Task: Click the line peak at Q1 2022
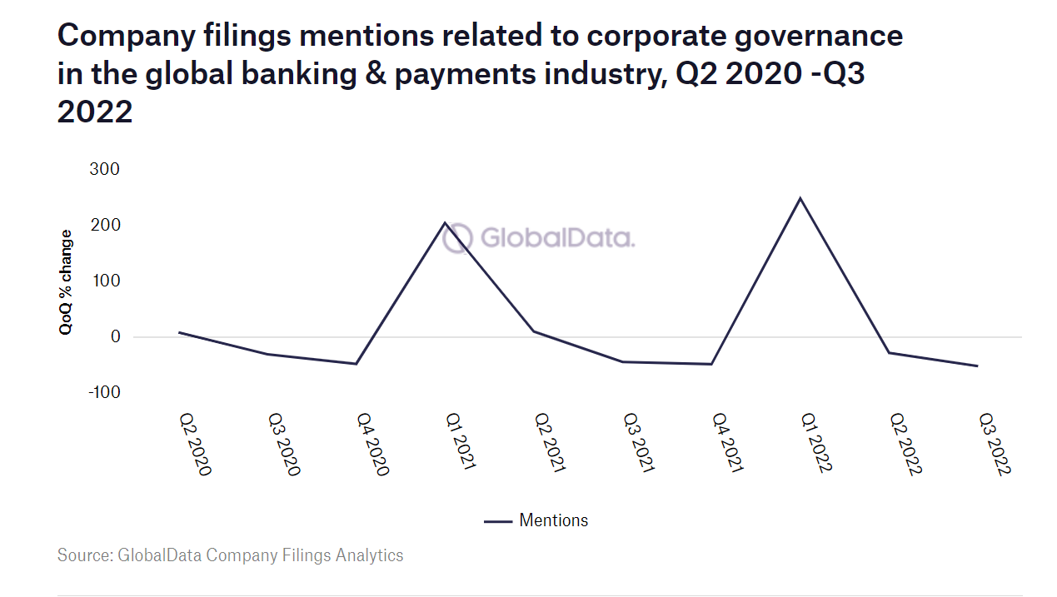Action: pos(800,198)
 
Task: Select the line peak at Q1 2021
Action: pos(445,223)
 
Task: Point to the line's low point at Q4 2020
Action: pos(356,364)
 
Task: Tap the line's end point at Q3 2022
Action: pos(977,366)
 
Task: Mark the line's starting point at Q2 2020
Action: pos(179,332)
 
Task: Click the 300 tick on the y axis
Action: pos(104,169)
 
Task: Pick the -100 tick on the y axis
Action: pos(103,391)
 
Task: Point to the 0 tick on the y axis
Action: pos(115,337)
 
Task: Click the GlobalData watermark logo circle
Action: pos(458,239)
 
